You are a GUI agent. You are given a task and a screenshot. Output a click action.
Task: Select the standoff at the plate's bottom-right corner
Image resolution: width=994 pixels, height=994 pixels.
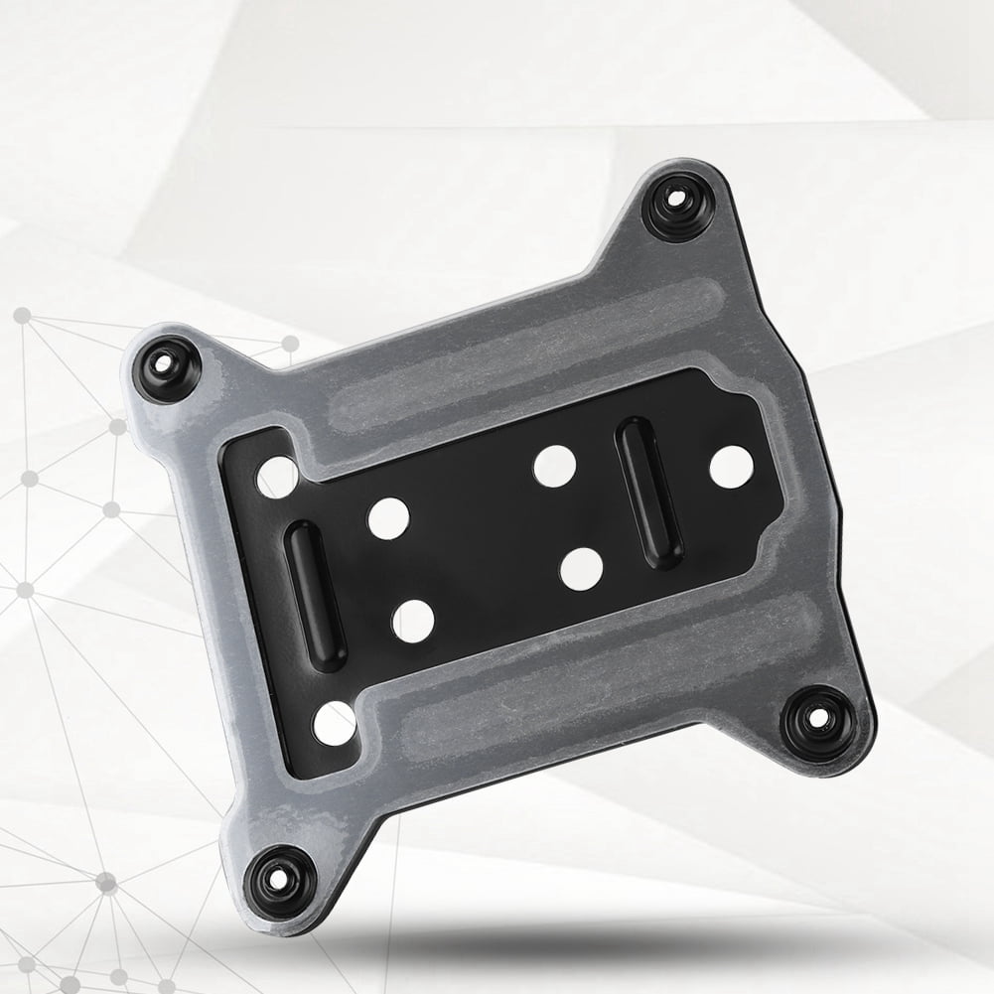pos(815,722)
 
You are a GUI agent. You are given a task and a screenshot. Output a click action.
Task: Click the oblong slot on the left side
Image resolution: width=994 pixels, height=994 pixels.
pos(315,596)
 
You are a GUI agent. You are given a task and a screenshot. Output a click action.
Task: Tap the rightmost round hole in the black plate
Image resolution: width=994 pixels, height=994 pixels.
pos(731,466)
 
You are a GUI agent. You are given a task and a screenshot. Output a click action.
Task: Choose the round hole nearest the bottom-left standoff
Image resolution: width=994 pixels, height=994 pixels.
pos(335,723)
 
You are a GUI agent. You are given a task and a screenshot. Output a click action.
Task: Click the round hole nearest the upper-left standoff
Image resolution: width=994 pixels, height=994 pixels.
pos(277,477)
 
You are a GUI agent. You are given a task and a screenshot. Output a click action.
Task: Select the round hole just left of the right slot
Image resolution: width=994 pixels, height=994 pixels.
pos(554,466)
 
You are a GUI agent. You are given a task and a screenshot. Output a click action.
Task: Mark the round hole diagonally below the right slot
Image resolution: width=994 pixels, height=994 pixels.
pos(581,568)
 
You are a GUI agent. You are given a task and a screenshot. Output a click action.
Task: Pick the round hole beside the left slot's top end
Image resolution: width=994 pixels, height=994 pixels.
pos(388,518)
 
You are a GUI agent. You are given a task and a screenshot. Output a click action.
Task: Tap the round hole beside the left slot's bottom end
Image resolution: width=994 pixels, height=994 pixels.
pos(413,622)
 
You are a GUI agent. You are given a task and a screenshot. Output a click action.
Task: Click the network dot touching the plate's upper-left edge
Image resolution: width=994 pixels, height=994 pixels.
pos(289,344)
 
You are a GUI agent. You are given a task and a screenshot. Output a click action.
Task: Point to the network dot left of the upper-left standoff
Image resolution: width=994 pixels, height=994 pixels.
pos(21,317)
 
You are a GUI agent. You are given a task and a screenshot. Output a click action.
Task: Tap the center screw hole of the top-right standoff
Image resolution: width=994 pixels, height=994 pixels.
pos(676,198)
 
